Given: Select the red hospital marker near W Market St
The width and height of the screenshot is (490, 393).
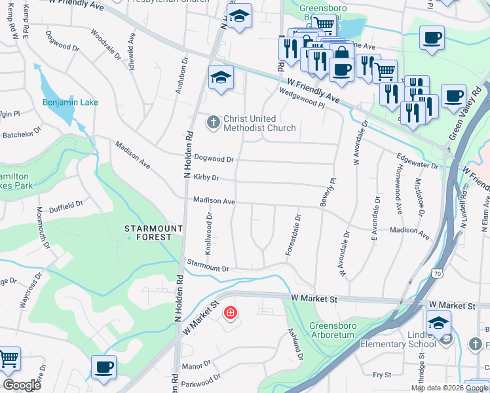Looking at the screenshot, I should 230,313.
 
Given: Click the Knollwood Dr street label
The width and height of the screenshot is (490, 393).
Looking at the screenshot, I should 209,233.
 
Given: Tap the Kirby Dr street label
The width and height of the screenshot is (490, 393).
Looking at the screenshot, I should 206,178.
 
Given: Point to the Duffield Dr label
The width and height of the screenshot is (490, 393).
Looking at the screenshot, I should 66,204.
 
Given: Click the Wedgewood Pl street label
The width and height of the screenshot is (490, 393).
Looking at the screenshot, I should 302,99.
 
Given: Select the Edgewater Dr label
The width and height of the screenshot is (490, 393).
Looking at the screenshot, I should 417,161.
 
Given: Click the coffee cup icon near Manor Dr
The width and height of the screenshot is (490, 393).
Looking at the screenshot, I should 104,367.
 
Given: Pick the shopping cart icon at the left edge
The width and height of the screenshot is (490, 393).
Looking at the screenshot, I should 9,359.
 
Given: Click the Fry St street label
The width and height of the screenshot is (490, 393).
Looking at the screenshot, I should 381,375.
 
